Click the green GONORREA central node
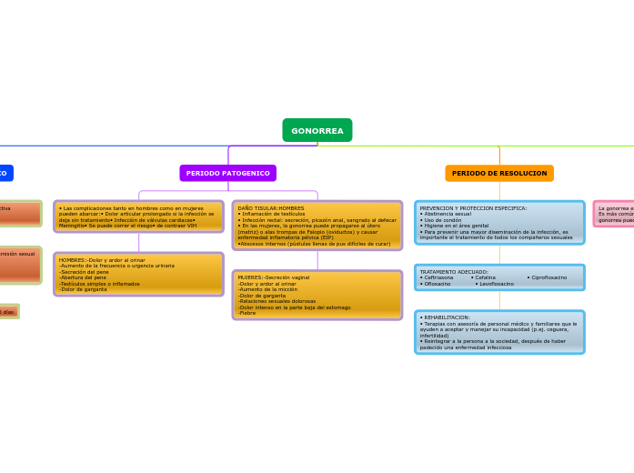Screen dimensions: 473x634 317,131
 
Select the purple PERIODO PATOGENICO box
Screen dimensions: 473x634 227,173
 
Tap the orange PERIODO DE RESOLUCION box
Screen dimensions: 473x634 499,173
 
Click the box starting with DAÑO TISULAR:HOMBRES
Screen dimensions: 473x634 317,226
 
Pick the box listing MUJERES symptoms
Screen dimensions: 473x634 317,295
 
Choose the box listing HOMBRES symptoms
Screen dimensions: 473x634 138,275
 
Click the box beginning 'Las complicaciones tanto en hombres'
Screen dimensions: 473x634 138,216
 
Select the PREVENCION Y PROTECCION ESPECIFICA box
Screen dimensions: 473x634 499,223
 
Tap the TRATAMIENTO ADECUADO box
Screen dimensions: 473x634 499,277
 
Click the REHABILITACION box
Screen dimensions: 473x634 499,332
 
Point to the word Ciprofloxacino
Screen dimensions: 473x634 548,277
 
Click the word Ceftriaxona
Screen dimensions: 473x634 438,277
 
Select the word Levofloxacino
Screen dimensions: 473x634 496,284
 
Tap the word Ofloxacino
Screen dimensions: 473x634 437,284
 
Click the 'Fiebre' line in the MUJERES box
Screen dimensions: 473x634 247,313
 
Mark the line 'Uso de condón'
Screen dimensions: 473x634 443,220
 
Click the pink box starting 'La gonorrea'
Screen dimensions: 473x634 615,214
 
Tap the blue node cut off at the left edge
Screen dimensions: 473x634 5,173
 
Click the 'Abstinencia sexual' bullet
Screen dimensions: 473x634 448,214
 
